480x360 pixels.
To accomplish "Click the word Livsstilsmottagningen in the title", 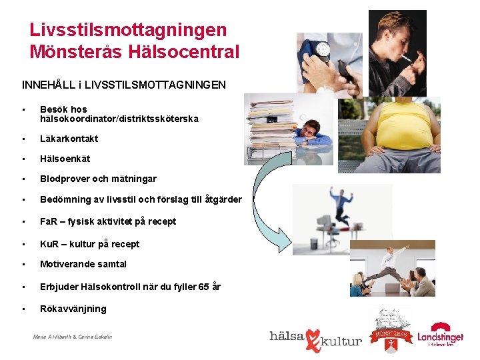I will coord(128,30).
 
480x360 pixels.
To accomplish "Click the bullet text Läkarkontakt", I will coord(69,139).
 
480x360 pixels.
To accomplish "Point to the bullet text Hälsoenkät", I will coord(65,159).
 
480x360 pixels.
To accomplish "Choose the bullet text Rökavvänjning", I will coord(73,309).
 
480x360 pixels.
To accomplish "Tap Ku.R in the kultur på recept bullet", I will coord(51,244).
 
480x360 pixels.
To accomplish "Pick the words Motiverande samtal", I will coord(83,264).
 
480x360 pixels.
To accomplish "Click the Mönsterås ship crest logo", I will coord(391,329).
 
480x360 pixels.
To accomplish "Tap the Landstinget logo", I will coord(440,335).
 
